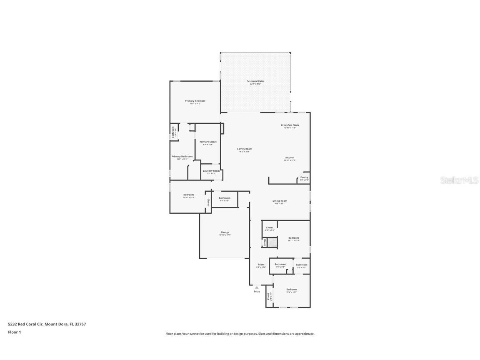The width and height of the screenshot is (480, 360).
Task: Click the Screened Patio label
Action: [x=255, y=81]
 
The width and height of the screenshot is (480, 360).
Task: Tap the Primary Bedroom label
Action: [x=195, y=101]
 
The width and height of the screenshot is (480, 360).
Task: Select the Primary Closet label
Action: [x=208, y=142]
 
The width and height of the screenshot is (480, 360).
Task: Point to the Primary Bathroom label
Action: [x=182, y=157]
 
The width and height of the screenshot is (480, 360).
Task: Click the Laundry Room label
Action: [x=211, y=171]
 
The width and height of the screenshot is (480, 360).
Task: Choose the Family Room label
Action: [x=245, y=149]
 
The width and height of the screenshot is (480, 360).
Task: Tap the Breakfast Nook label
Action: [x=290, y=125]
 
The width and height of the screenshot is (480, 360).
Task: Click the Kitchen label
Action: [x=290, y=157]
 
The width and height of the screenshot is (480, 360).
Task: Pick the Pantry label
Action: [x=304, y=177]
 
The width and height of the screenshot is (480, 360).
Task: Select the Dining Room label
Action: [x=280, y=201]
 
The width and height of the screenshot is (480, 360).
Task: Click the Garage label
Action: [x=225, y=232]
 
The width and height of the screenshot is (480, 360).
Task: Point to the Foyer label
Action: [x=261, y=265]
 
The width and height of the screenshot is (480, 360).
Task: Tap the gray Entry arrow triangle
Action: [x=257, y=287]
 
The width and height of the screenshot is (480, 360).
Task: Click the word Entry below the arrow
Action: [x=257, y=291]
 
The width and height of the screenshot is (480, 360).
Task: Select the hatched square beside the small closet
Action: [x=272, y=242]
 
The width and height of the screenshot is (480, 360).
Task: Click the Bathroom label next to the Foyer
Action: [x=280, y=264]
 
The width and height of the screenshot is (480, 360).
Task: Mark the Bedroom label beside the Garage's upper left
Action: [x=188, y=195]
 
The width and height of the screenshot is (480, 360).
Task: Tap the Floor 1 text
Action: [x=14, y=332]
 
